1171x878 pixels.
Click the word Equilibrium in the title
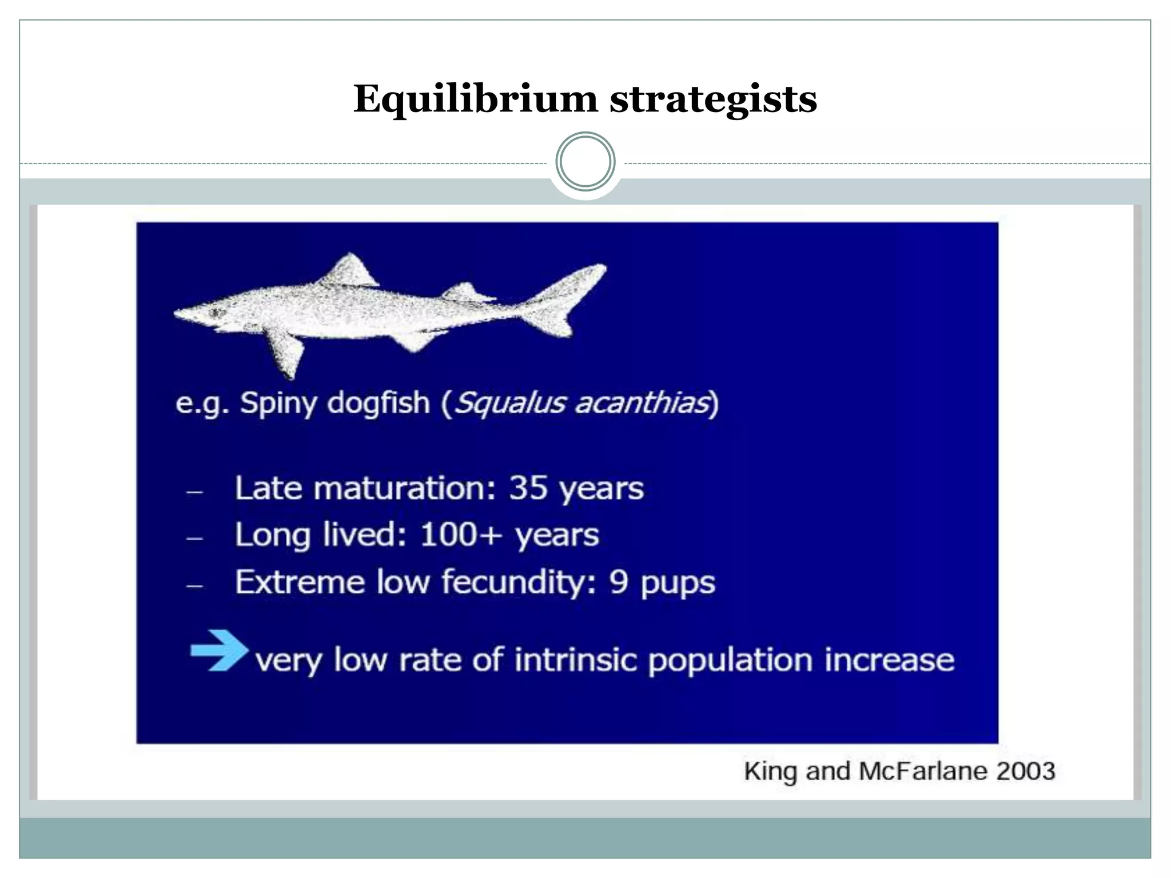pos(475,99)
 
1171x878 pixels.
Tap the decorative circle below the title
pos(585,162)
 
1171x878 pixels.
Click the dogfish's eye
pos(217,312)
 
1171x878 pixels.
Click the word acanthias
pos(642,402)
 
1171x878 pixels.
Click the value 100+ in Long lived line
pos(461,535)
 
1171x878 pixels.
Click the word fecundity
pos(518,584)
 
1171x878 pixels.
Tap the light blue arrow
pos(219,649)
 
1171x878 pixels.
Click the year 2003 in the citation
pos(1025,771)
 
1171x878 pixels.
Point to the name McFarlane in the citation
pos(922,771)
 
